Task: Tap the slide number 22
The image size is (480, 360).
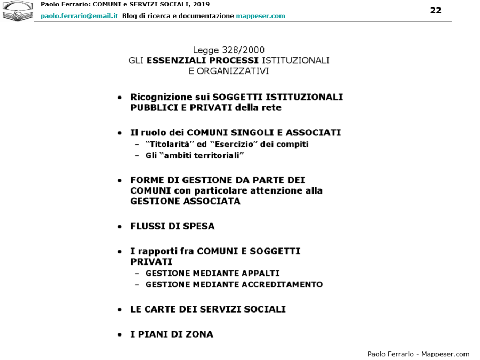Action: click(x=436, y=11)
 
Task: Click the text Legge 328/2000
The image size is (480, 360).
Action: click(x=229, y=51)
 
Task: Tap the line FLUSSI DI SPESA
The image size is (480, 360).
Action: click(x=172, y=226)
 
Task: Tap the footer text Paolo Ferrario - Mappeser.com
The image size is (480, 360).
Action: click(x=418, y=354)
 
